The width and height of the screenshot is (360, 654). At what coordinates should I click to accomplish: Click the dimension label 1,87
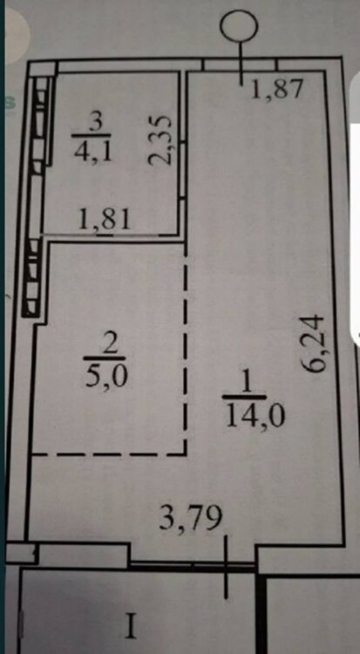pyautogui.click(x=276, y=89)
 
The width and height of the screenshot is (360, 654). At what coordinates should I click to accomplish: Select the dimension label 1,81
pyautogui.click(x=105, y=220)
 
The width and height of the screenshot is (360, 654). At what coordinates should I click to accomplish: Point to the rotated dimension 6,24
pyautogui.click(x=314, y=343)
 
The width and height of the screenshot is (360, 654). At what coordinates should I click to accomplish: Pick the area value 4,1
pyautogui.click(x=92, y=152)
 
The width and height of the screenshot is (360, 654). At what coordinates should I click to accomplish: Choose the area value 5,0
pyautogui.click(x=105, y=377)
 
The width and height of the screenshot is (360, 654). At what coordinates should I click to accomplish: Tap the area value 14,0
pyautogui.click(x=255, y=415)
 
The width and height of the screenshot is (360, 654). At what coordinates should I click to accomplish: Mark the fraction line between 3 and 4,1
pyautogui.click(x=91, y=136)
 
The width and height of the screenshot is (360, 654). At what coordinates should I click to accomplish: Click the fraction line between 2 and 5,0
pyautogui.click(x=105, y=358)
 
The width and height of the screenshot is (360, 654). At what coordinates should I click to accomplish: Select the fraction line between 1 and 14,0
pyautogui.click(x=244, y=397)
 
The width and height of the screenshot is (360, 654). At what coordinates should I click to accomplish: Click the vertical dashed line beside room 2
pyautogui.click(x=186, y=350)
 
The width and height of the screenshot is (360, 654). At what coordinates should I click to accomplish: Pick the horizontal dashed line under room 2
pyautogui.click(x=108, y=453)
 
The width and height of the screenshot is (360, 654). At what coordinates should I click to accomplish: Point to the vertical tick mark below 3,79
pyautogui.click(x=226, y=568)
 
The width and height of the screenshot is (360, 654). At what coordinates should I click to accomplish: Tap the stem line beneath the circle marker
pyautogui.click(x=241, y=63)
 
